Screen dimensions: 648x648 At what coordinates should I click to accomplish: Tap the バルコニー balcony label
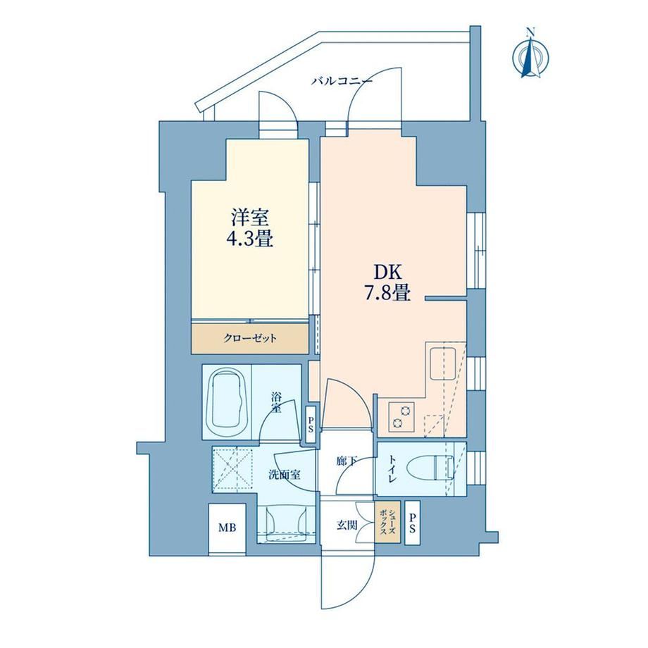click(x=342, y=80)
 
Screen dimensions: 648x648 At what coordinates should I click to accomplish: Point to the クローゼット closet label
click(x=250, y=339)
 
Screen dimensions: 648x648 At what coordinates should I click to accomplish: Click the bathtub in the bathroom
click(x=227, y=402)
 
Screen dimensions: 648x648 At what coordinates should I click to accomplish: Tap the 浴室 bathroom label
click(x=276, y=403)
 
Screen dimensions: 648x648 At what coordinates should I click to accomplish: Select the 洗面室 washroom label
click(x=285, y=475)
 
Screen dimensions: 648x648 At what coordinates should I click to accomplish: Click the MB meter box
click(x=228, y=529)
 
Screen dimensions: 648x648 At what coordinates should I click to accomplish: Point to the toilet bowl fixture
click(x=430, y=468)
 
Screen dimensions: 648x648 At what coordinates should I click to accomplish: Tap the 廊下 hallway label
click(x=347, y=461)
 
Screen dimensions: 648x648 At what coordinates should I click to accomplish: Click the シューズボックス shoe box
click(x=387, y=523)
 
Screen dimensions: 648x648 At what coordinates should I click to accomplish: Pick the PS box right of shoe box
click(x=413, y=523)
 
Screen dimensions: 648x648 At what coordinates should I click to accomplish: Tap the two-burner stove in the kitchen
click(x=401, y=416)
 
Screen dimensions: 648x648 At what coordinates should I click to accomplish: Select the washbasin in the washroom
click(x=286, y=524)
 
